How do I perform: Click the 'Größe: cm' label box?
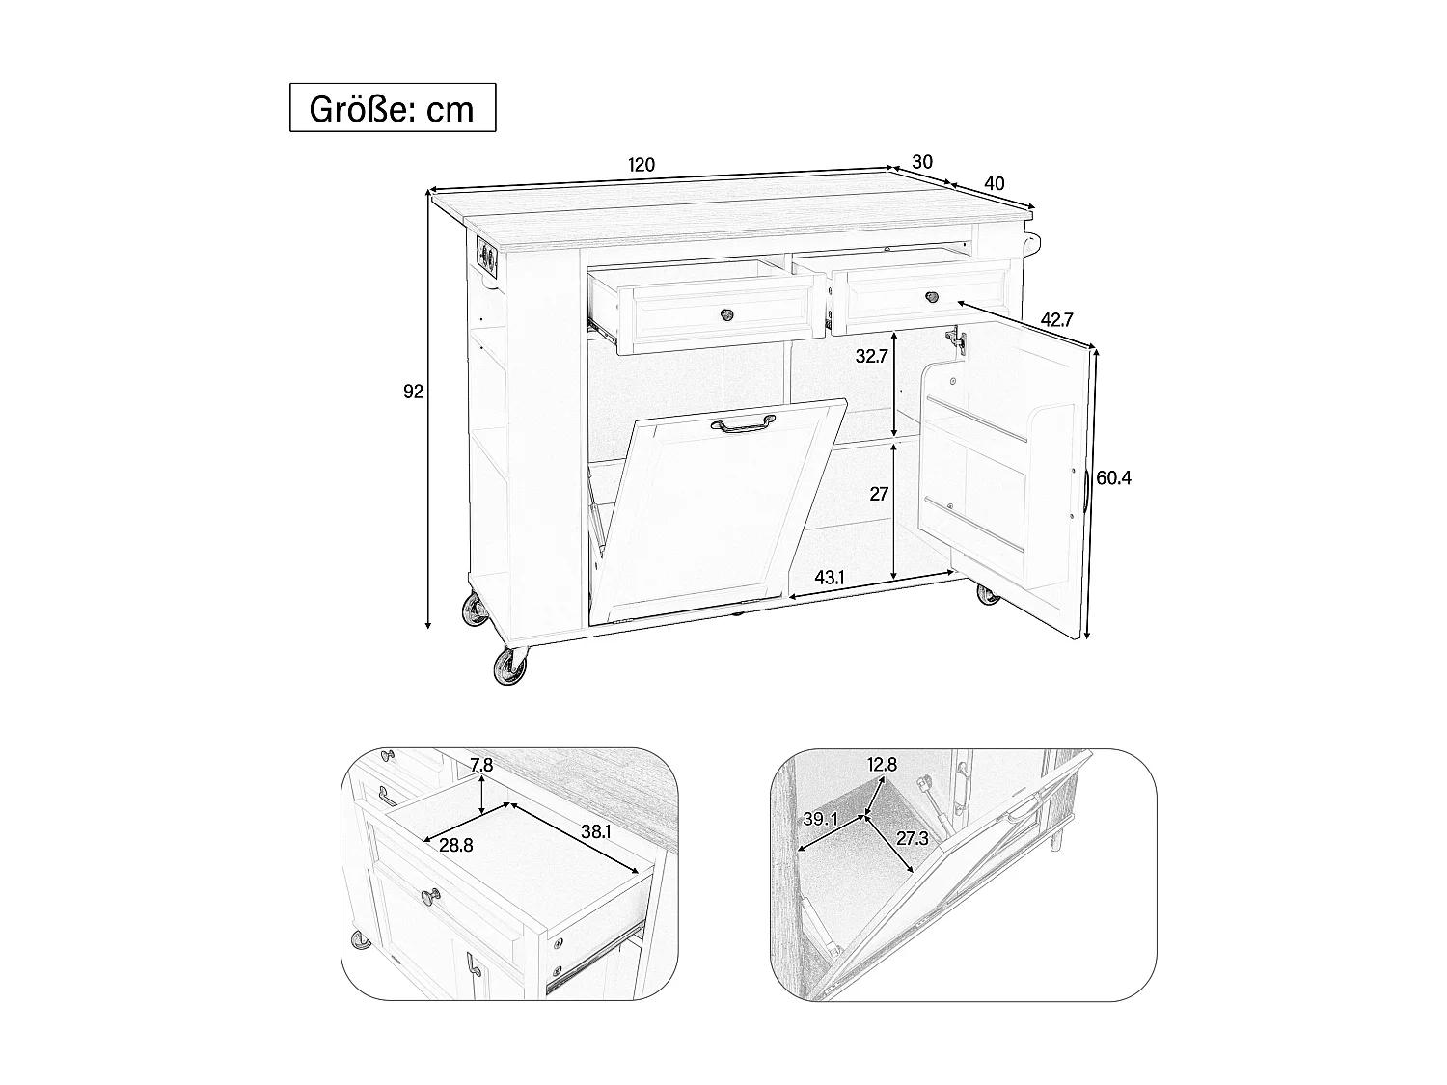tap(393, 107)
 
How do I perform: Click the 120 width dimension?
tap(642, 164)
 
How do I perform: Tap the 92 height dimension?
tap(414, 392)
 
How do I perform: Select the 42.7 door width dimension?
tap(1058, 319)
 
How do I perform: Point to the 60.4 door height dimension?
tap(1113, 478)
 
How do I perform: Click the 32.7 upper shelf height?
tap(872, 356)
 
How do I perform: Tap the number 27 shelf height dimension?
tap(879, 494)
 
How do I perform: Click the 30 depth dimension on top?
tap(922, 162)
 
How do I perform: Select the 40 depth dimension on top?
tap(995, 183)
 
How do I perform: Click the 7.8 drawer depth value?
tap(482, 766)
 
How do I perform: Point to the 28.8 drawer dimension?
tap(456, 846)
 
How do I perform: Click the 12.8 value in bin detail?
tap(882, 765)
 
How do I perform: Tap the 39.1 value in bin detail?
tap(820, 819)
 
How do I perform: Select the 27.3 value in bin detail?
tap(912, 838)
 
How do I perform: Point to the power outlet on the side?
tap(487, 258)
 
